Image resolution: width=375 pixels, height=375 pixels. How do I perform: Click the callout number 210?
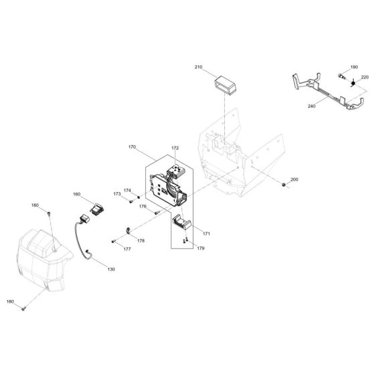point(198,68)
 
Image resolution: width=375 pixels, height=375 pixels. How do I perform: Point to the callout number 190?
point(354,68)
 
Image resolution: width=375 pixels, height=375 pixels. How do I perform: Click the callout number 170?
point(131,146)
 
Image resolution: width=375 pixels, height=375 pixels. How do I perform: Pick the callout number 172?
point(175,148)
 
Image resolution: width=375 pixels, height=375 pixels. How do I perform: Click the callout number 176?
point(143,207)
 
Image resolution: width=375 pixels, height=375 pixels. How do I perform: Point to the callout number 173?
point(117,194)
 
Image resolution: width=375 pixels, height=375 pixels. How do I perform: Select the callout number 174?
point(127,190)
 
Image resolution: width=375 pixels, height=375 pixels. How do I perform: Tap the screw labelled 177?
point(114,240)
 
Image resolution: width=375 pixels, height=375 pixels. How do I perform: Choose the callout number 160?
point(77,194)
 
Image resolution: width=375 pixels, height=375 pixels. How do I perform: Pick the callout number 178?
point(141,240)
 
